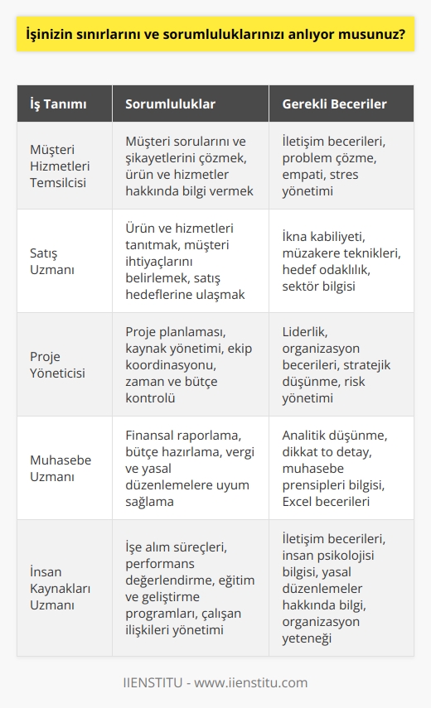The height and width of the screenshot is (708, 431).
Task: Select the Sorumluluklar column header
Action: [x=171, y=104]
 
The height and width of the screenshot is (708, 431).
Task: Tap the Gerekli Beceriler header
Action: [x=335, y=104]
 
